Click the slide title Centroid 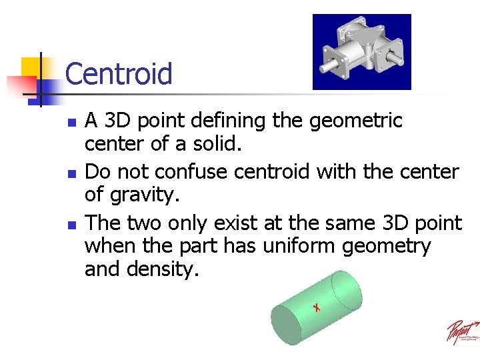click(119, 73)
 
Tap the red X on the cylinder click(317, 307)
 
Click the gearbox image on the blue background click(361, 51)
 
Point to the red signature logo click(462, 332)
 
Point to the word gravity click(145, 195)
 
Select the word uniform click(300, 246)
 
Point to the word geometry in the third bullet click(387, 247)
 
